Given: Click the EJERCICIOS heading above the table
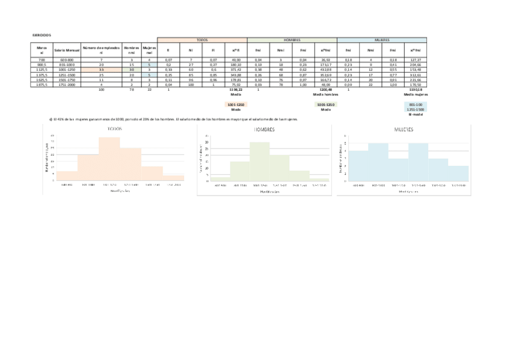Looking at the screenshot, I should pyautogui.click(x=41, y=35).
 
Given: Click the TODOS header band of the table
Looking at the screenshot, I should pyautogui.click(x=202, y=40).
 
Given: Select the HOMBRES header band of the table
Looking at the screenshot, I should pyautogui.click(x=292, y=40).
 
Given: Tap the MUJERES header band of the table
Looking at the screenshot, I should pyautogui.click(x=382, y=40).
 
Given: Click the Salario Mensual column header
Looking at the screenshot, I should pyautogui.click(x=67, y=50).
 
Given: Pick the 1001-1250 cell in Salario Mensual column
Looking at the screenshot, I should pyautogui.click(x=67, y=69).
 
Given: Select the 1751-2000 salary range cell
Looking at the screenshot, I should pyautogui.click(x=67, y=85).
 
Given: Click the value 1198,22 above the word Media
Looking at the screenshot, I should pyautogui.click(x=236, y=90).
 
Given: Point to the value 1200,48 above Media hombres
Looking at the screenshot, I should pyautogui.click(x=326, y=90).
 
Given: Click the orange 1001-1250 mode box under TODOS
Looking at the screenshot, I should pyautogui.click(x=236, y=105).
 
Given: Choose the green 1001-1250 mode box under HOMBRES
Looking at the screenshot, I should pyautogui.click(x=326, y=105).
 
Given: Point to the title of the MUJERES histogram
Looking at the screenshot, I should pyautogui.click(x=404, y=129).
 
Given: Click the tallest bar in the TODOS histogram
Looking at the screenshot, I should pyautogui.click(x=109, y=159).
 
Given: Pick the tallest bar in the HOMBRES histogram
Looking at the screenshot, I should pyautogui.click(x=260, y=162).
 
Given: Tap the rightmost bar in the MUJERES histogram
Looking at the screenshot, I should pyautogui.click(x=458, y=173).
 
